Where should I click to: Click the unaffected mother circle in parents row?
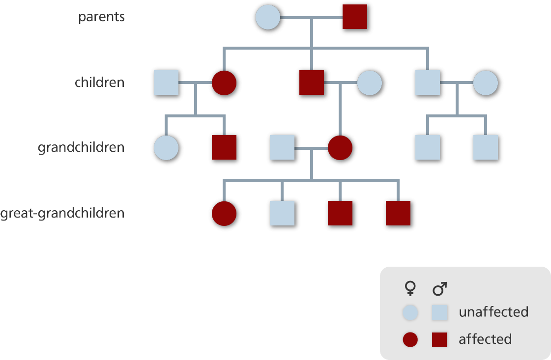click(x=268, y=17)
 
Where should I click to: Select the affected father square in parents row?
click(x=355, y=17)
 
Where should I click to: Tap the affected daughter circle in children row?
click(x=224, y=83)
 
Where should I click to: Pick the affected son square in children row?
click(x=312, y=83)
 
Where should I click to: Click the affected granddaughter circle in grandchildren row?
click(x=340, y=148)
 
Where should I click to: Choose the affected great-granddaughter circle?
click(x=224, y=213)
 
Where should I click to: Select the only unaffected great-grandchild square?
click(x=282, y=213)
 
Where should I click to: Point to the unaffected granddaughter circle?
click(x=166, y=148)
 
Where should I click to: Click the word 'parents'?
click(x=101, y=17)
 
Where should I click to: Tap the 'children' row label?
click(x=99, y=83)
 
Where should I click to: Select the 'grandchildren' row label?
click(x=81, y=148)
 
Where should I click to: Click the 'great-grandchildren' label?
click(x=62, y=214)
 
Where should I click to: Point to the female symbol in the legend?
click(x=410, y=289)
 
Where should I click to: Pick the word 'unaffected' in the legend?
click(x=493, y=312)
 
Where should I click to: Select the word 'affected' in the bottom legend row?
click(x=485, y=339)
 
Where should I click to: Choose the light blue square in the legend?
click(x=439, y=312)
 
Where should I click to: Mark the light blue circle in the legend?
click(x=410, y=312)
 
